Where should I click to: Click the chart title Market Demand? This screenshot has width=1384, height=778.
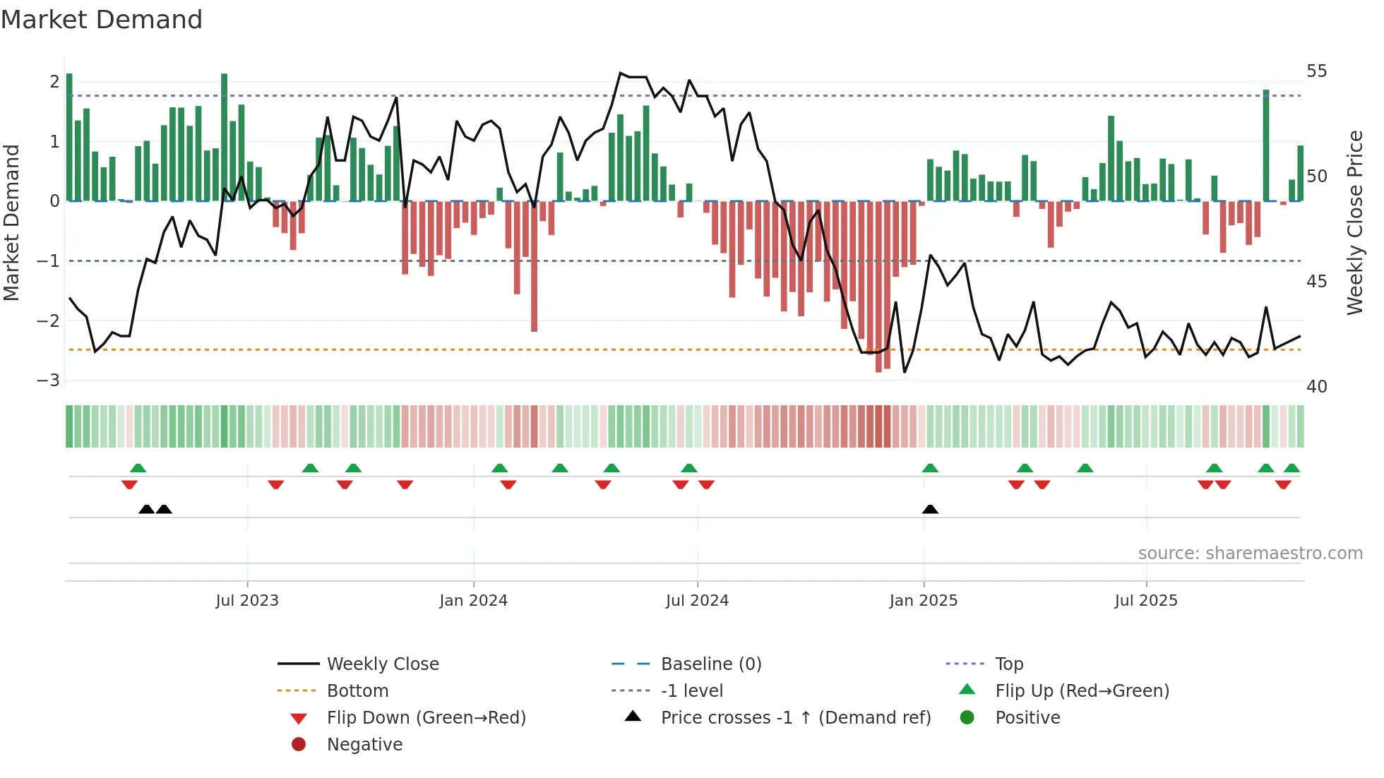coord(102,20)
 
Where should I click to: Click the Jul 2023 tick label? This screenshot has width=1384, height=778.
coord(247,601)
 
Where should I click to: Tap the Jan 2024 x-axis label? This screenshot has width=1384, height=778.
coord(473,601)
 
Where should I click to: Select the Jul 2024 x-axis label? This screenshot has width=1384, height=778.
coord(697,601)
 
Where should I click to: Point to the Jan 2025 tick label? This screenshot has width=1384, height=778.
coord(923,601)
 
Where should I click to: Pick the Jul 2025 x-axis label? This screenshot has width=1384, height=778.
coord(1146,601)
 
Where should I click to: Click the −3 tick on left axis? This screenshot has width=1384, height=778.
coord(48,381)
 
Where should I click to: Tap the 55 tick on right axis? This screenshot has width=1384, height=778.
coord(1316,71)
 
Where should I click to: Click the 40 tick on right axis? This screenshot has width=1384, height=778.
coord(1316,387)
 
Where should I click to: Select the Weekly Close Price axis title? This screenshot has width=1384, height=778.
coord(1354,222)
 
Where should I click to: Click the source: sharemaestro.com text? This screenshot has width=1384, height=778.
coord(1250,553)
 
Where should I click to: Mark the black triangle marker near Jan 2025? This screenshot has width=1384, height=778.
coord(930,509)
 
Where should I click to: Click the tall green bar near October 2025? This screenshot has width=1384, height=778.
coord(1266,145)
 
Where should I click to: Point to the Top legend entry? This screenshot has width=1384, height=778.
coord(1008,664)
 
